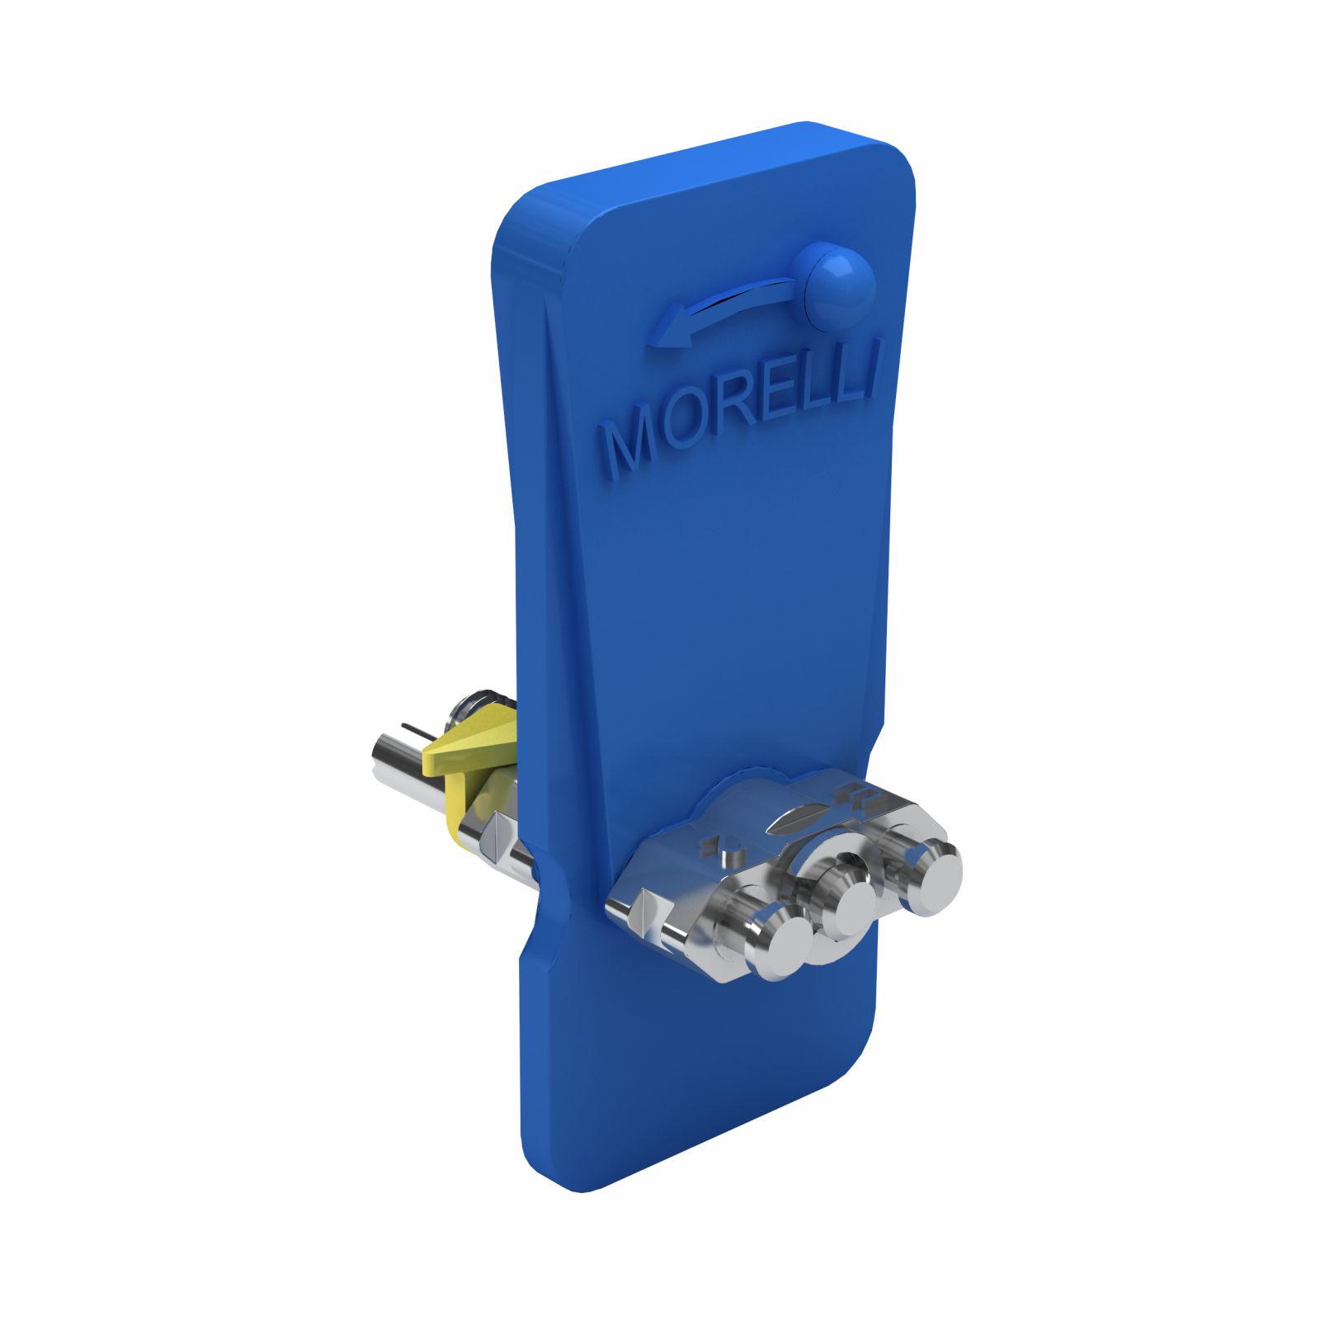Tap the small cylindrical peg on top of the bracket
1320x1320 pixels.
pyautogui.click(x=726, y=855)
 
